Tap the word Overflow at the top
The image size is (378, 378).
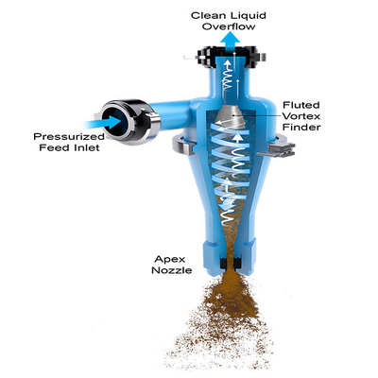(x=229, y=26)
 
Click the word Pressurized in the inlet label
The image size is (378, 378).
(x=69, y=137)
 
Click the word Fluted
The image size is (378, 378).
(x=297, y=105)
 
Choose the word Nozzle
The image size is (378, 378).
(x=172, y=270)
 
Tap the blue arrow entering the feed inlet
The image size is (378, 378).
(x=102, y=123)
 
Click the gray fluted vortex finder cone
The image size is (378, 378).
(x=232, y=117)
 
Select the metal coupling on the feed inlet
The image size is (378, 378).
(x=130, y=120)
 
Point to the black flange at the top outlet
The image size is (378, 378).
(x=231, y=58)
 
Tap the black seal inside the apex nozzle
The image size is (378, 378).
(x=231, y=264)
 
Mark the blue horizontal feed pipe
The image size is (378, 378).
(x=170, y=115)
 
